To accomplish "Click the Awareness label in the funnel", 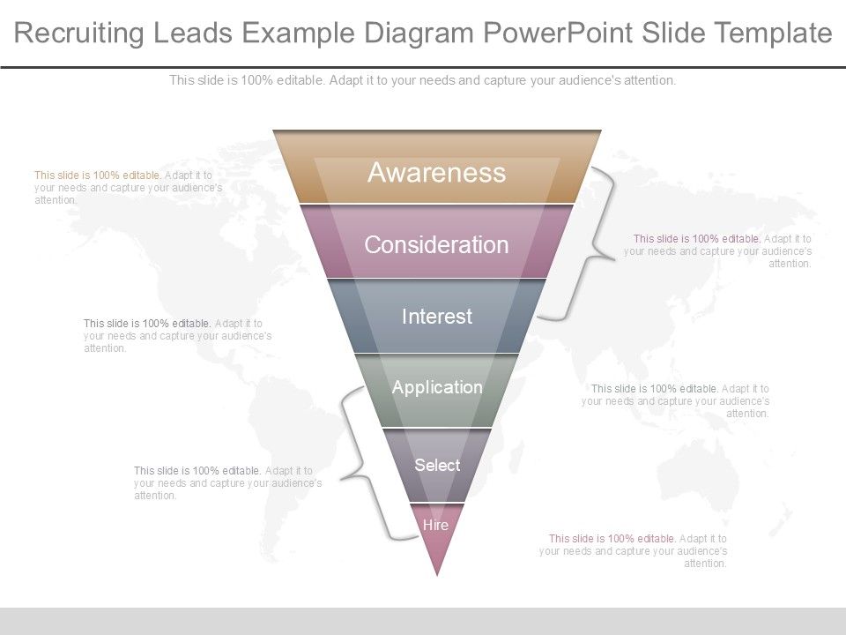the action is [436, 172].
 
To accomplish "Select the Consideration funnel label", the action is [436, 244].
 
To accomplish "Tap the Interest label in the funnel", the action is [437, 317].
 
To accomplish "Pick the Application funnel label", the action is [437, 387].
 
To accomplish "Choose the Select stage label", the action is [437, 465].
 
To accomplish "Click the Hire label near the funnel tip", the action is [435, 525].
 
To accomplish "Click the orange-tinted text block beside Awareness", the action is [128, 188].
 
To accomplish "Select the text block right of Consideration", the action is [718, 250].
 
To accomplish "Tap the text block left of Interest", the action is [177, 336].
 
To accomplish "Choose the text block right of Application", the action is [676, 400].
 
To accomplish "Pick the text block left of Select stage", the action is [227, 483].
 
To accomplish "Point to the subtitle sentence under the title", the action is [423, 80].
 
